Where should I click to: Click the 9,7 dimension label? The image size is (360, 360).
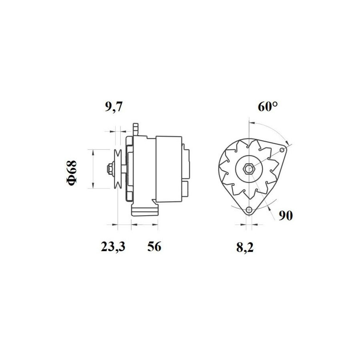pos(114,107)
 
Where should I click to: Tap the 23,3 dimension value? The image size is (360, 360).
pos(113,246)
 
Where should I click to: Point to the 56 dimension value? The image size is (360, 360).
pos(154,246)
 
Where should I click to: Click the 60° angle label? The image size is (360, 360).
pos(268,106)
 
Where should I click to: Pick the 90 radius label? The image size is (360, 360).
pos(286,216)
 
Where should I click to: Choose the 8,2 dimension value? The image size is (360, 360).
pos(245,248)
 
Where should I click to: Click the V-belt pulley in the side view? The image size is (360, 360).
pos(118,169)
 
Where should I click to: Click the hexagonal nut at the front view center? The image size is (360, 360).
pos(248,169)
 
